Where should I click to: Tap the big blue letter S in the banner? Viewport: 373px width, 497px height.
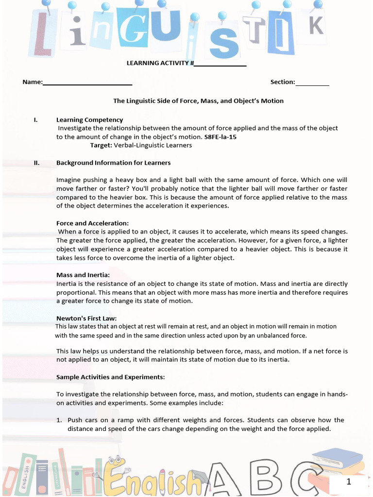point(223,44)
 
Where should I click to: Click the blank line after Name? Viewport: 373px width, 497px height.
point(87,83)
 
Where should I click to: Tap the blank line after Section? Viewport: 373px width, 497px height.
point(312,83)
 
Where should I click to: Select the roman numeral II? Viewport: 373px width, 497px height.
point(36,163)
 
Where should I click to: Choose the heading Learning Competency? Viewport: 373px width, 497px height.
point(89,119)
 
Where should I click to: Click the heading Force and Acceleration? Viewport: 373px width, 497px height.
point(92,223)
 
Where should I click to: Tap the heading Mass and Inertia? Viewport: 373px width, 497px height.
point(83,275)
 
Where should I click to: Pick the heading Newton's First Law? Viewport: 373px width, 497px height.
point(86,318)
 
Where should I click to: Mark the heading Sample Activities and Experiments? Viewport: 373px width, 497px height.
point(110,377)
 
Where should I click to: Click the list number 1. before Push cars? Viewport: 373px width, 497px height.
point(59,420)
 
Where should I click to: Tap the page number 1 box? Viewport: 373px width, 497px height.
point(348,481)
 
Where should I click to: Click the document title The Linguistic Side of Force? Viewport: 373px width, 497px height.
point(198,101)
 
